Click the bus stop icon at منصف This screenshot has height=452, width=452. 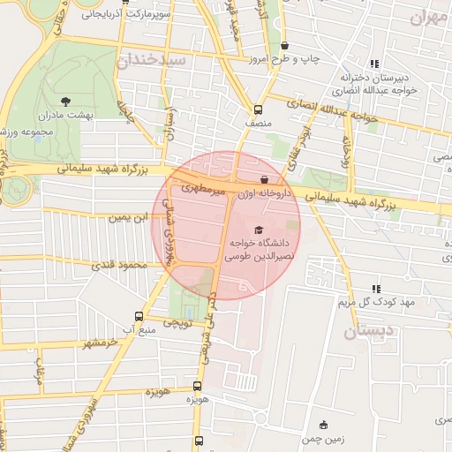pyautogui.click(x=257, y=110)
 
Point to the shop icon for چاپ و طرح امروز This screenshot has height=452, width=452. pyautogui.click(x=284, y=46)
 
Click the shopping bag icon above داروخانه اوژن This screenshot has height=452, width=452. pyautogui.click(x=264, y=179)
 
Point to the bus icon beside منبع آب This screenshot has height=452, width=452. pyautogui.click(x=138, y=316)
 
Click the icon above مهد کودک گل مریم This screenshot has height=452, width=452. pyautogui.click(x=377, y=289)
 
